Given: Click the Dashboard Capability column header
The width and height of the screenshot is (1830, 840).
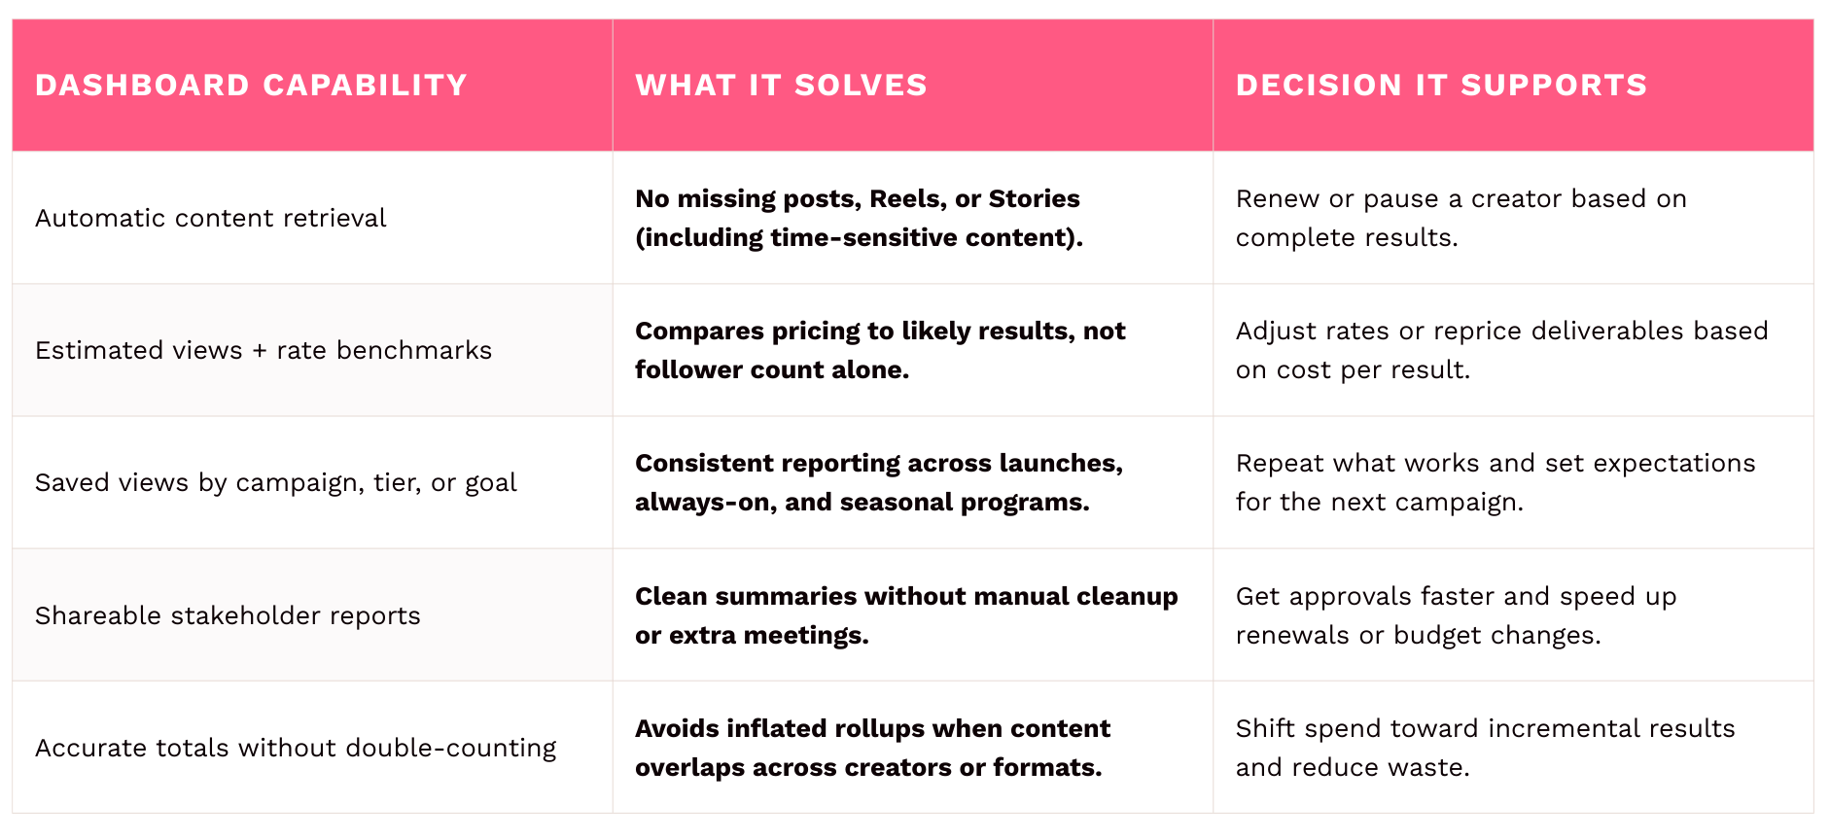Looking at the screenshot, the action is [251, 86].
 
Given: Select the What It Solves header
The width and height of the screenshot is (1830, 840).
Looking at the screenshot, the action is [781, 86].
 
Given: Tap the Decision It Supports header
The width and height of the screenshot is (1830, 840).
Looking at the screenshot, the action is [1441, 86].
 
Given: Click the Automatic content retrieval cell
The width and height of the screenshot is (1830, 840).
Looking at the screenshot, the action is [210, 218].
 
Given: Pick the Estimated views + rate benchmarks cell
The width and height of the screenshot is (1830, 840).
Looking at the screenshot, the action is [264, 350].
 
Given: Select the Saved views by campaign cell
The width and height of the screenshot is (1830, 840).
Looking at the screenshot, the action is [276, 483].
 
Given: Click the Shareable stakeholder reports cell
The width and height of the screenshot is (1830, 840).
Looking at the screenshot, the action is [228, 615].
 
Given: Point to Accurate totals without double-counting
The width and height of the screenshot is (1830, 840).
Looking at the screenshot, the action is [296, 748].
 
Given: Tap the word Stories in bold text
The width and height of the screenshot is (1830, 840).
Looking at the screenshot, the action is [1034, 199].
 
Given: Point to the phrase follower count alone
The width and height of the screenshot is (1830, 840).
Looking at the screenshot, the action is [772, 370].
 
